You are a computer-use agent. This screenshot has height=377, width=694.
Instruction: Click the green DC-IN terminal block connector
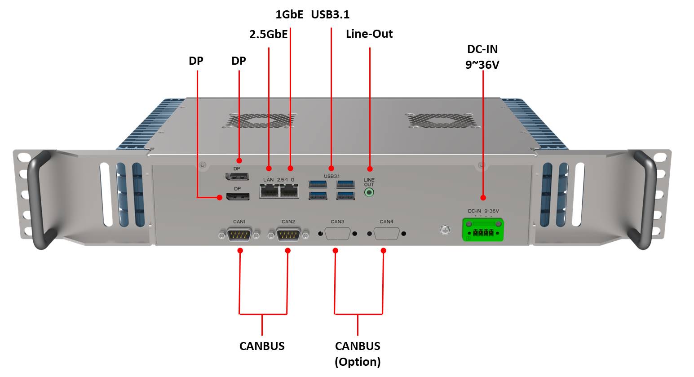(x=483, y=229)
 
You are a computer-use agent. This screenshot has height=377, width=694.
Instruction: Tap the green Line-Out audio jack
(x=369, y=193)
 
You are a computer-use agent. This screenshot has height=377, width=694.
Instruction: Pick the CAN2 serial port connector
(x=288, y=234)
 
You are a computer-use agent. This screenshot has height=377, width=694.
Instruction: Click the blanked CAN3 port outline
(x=337, y=234)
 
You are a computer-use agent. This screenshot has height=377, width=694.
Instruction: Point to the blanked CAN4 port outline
(x=386, y=234)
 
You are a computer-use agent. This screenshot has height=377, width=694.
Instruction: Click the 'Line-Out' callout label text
(x=369, y=34)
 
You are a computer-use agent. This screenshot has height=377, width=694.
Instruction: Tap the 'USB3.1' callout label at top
(x=330, y=14)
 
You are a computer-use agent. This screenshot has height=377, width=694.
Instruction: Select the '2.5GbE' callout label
(x=268, y=34)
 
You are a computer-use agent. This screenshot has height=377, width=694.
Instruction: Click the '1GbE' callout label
(x=289, y=14)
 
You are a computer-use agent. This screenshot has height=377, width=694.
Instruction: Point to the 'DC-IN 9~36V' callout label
(x=482, y=57)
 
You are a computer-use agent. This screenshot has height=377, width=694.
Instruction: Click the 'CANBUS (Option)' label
(x=358, y=354)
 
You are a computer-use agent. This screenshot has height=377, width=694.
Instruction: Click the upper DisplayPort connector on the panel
(x=237, y=176)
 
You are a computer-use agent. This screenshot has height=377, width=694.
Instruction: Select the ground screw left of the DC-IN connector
(x=444, y=230)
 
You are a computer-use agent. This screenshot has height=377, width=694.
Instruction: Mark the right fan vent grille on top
(x=441, y=120)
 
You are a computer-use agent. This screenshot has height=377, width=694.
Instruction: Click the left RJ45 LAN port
(x=269, y=192)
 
